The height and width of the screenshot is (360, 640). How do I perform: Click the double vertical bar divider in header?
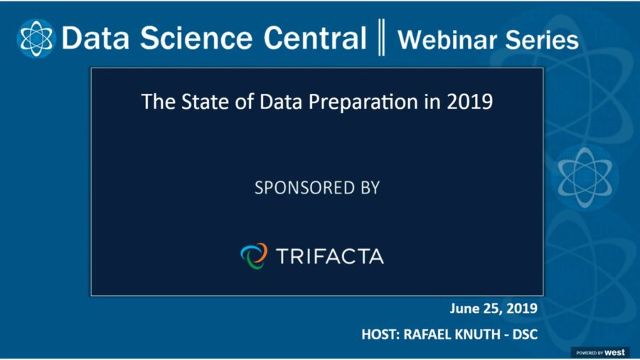[382, 38]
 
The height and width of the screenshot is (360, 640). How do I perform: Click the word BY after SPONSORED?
[368, 189]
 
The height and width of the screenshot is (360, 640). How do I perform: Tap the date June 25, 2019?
[493, 309]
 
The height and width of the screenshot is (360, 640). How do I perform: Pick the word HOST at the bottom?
[380, 334]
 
